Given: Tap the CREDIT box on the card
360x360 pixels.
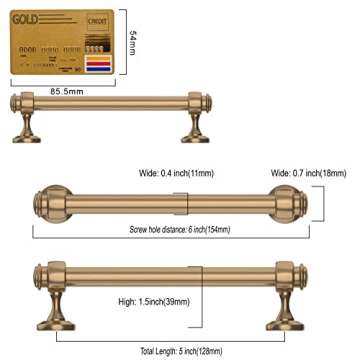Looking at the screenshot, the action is coord(98,20).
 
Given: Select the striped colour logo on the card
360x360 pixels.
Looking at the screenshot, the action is coord(97,66).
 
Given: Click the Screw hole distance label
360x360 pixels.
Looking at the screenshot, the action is coord(180,229).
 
